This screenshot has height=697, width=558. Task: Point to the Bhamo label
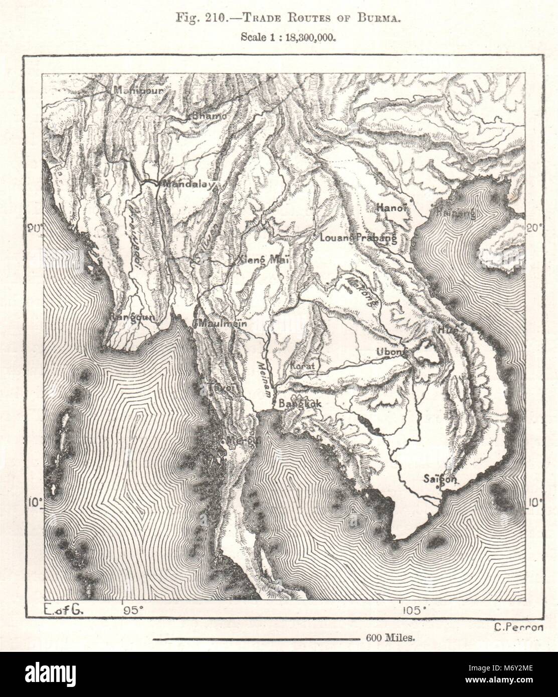point(207,115)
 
